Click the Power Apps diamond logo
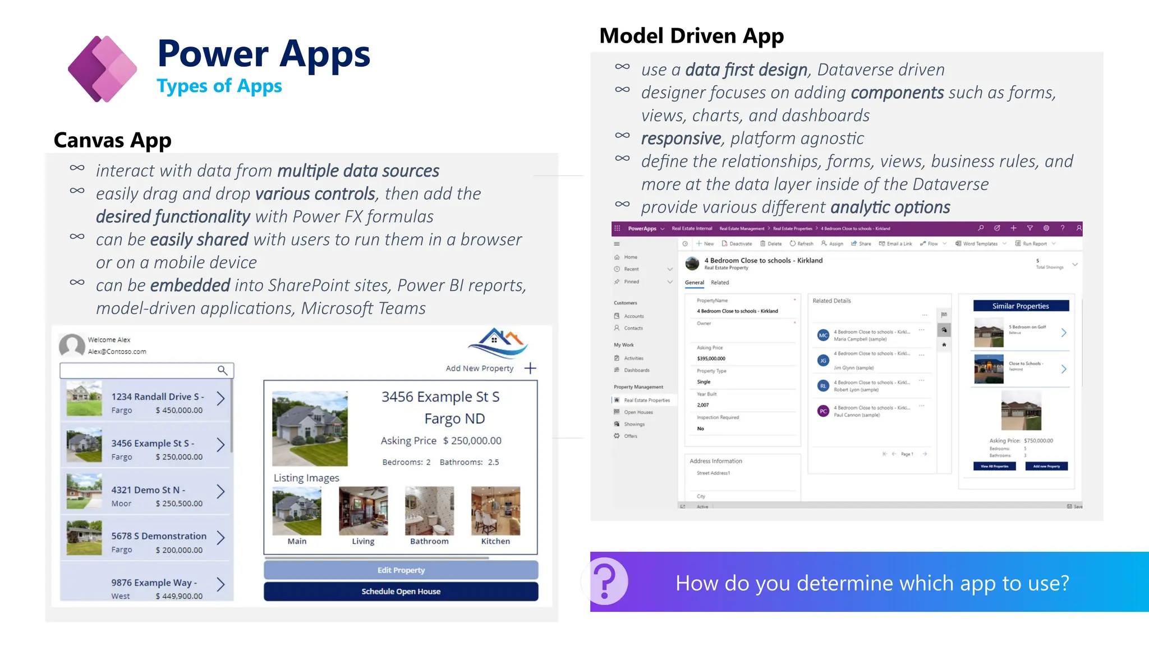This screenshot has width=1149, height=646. [103, 69]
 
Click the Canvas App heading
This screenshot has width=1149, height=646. [112, 140]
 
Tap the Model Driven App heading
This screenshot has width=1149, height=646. [691, 36]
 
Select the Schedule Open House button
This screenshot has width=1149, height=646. [401, 592]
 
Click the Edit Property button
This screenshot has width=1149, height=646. [401, 570]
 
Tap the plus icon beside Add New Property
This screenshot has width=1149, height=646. [530, 368]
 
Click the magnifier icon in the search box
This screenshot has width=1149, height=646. [222, 370]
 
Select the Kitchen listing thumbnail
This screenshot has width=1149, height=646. [495, 511]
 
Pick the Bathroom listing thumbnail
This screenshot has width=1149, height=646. [429, 511]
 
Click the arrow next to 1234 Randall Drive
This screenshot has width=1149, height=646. [220, 399]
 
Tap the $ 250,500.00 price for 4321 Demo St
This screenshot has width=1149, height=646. [179, 504]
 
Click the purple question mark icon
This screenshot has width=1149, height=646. [606, 582]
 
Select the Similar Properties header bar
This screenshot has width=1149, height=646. [1021, 306]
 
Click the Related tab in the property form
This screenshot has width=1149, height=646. [720, 283]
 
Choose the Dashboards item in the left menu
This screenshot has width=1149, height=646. [637, 370]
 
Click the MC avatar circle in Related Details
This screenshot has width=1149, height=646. [823, 335]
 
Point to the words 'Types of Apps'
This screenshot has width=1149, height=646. [219, 86]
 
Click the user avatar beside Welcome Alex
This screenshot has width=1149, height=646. [72, 345]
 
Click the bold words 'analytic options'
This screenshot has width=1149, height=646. [890, 207]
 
